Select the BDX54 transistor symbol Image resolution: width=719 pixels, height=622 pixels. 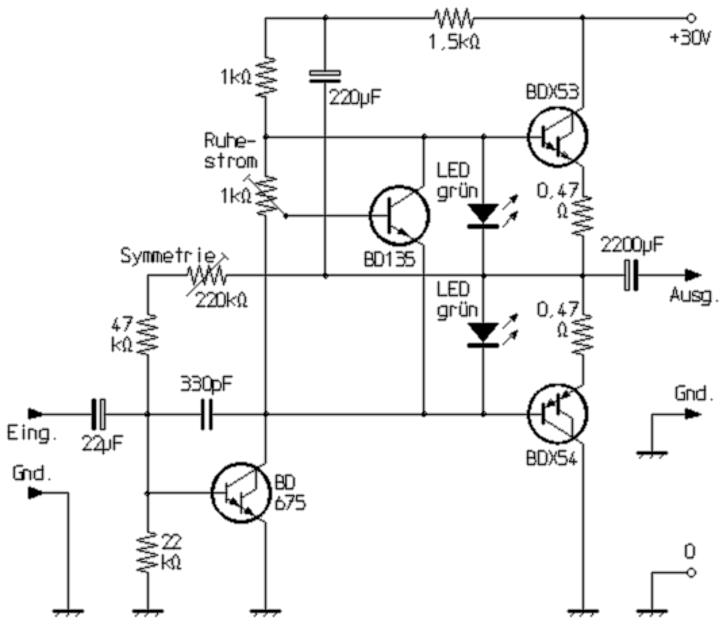click(x=557, y=413)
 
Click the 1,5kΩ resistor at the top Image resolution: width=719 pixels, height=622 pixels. click(x=454, y=18)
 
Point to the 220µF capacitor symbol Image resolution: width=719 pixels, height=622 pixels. click(x=325, y=77)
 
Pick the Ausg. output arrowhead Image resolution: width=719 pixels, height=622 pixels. click(x=693, y=274)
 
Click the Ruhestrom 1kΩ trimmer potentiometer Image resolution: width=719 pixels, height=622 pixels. click(x=266, y=196)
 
